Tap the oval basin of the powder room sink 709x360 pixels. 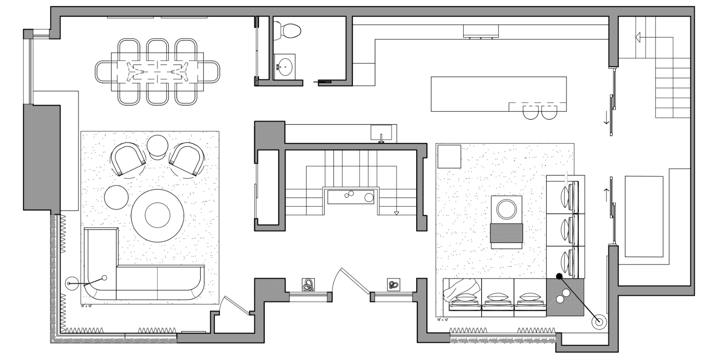(285, 67)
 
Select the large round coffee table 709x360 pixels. (157, 215)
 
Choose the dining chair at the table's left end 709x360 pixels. (103, 71)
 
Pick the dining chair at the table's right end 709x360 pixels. (211, 71)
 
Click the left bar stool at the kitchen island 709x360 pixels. (531, 112)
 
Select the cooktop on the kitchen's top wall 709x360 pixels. (481, 32)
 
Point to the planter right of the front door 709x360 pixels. (393, 285)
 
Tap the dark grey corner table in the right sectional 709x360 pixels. (565, 297)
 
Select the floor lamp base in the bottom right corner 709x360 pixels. (599, 322)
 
